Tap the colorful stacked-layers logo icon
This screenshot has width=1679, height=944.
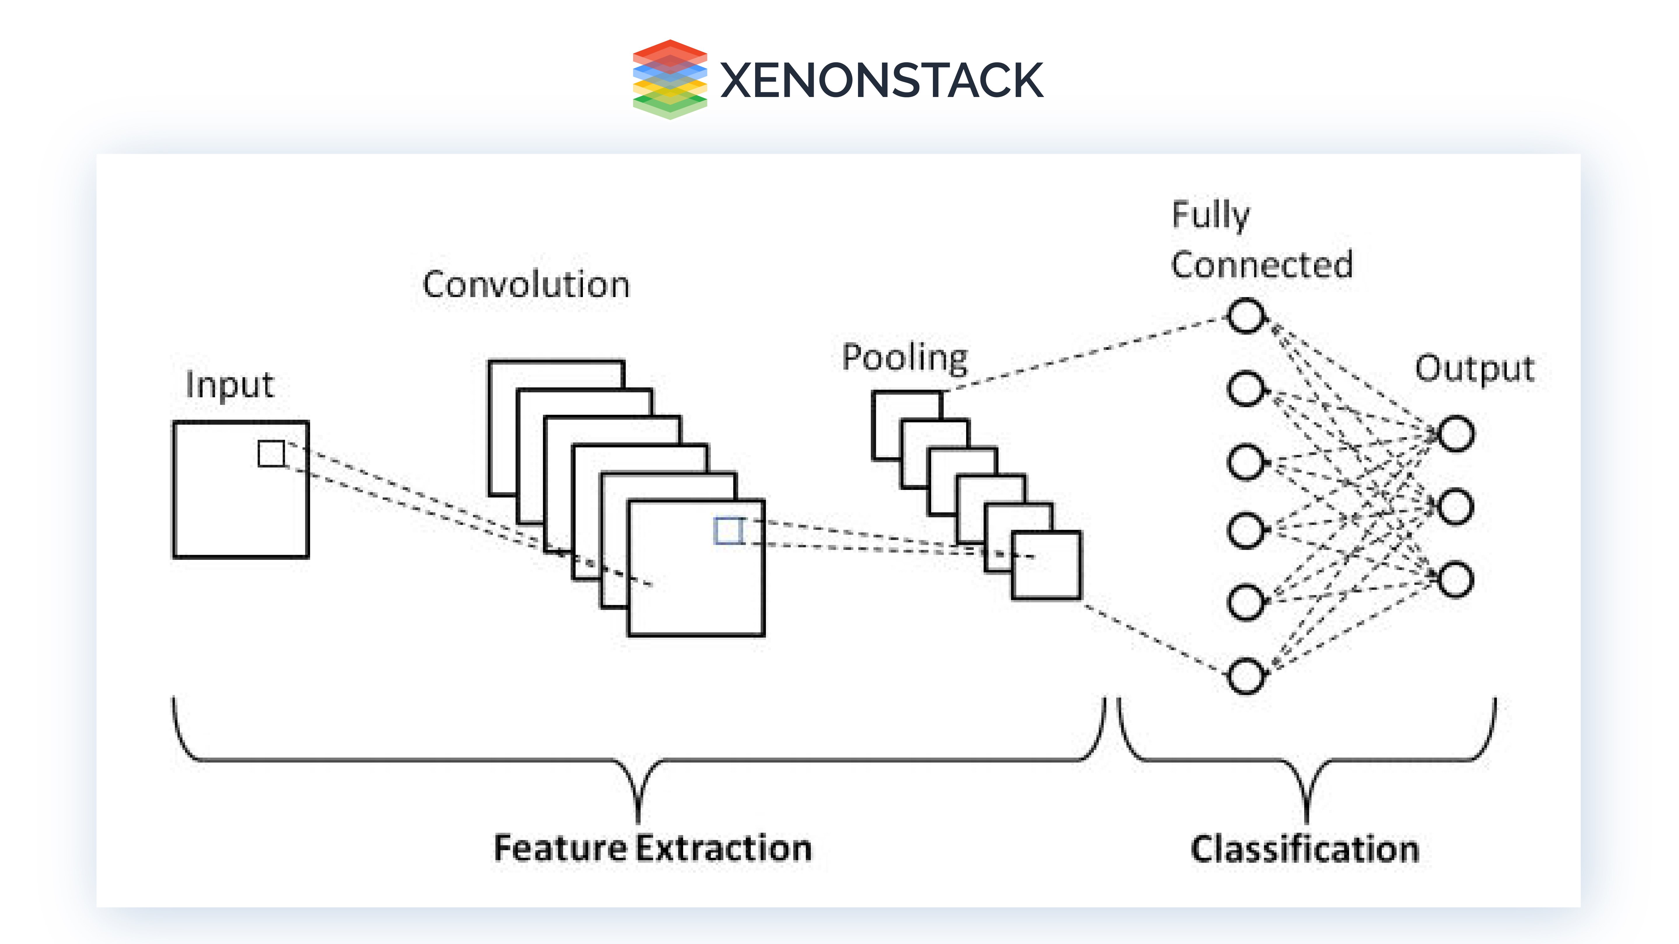point(669,80)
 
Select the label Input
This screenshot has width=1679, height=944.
point(229,385)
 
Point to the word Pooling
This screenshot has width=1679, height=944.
point(905,358)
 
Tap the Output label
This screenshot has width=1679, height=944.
point(1474,369)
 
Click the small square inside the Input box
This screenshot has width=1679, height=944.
point(271,454)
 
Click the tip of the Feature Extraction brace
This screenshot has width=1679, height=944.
point(638,820)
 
